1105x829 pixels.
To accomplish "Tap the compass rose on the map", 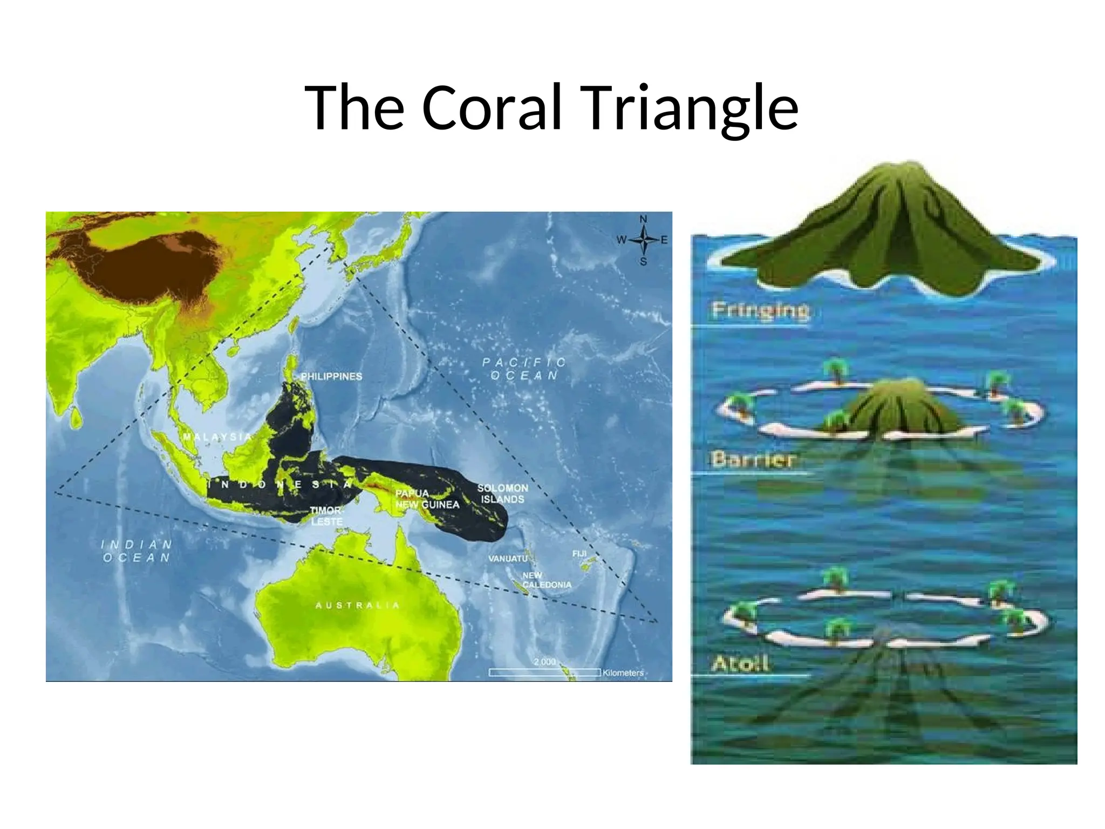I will (643, 240).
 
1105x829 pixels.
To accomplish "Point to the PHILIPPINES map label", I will (331, 376).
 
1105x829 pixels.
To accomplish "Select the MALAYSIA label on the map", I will (217, 437).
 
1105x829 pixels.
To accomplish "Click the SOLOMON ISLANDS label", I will (502, 493).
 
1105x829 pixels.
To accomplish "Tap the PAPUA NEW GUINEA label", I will (427, 499).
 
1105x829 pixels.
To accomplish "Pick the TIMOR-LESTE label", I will (326, 516).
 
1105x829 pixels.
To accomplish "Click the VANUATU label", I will (507, 559).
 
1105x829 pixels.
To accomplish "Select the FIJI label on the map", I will (579, 554).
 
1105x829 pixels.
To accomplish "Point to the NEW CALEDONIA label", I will (546, 580).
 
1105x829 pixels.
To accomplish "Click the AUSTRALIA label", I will (357, 605).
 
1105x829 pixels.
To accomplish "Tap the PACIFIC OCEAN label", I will (524, 369).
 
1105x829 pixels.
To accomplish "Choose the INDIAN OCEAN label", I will (137, 551).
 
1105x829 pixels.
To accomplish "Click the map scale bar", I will (544, 672).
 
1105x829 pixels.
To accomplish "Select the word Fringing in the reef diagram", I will (760, 310).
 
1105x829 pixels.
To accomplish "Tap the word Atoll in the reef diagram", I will (739, 663).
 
